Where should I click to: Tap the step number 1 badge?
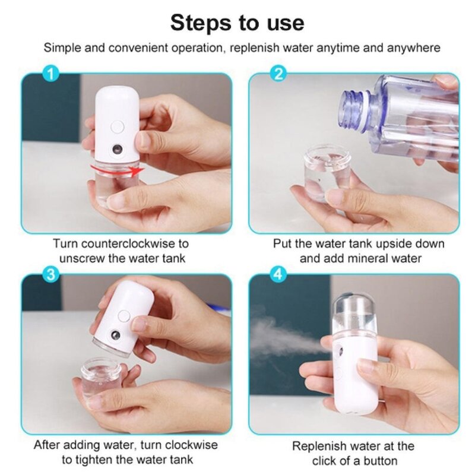pos(52,75)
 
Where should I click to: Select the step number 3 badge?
pos(52,277)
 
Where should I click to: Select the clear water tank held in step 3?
pos(102,378)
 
